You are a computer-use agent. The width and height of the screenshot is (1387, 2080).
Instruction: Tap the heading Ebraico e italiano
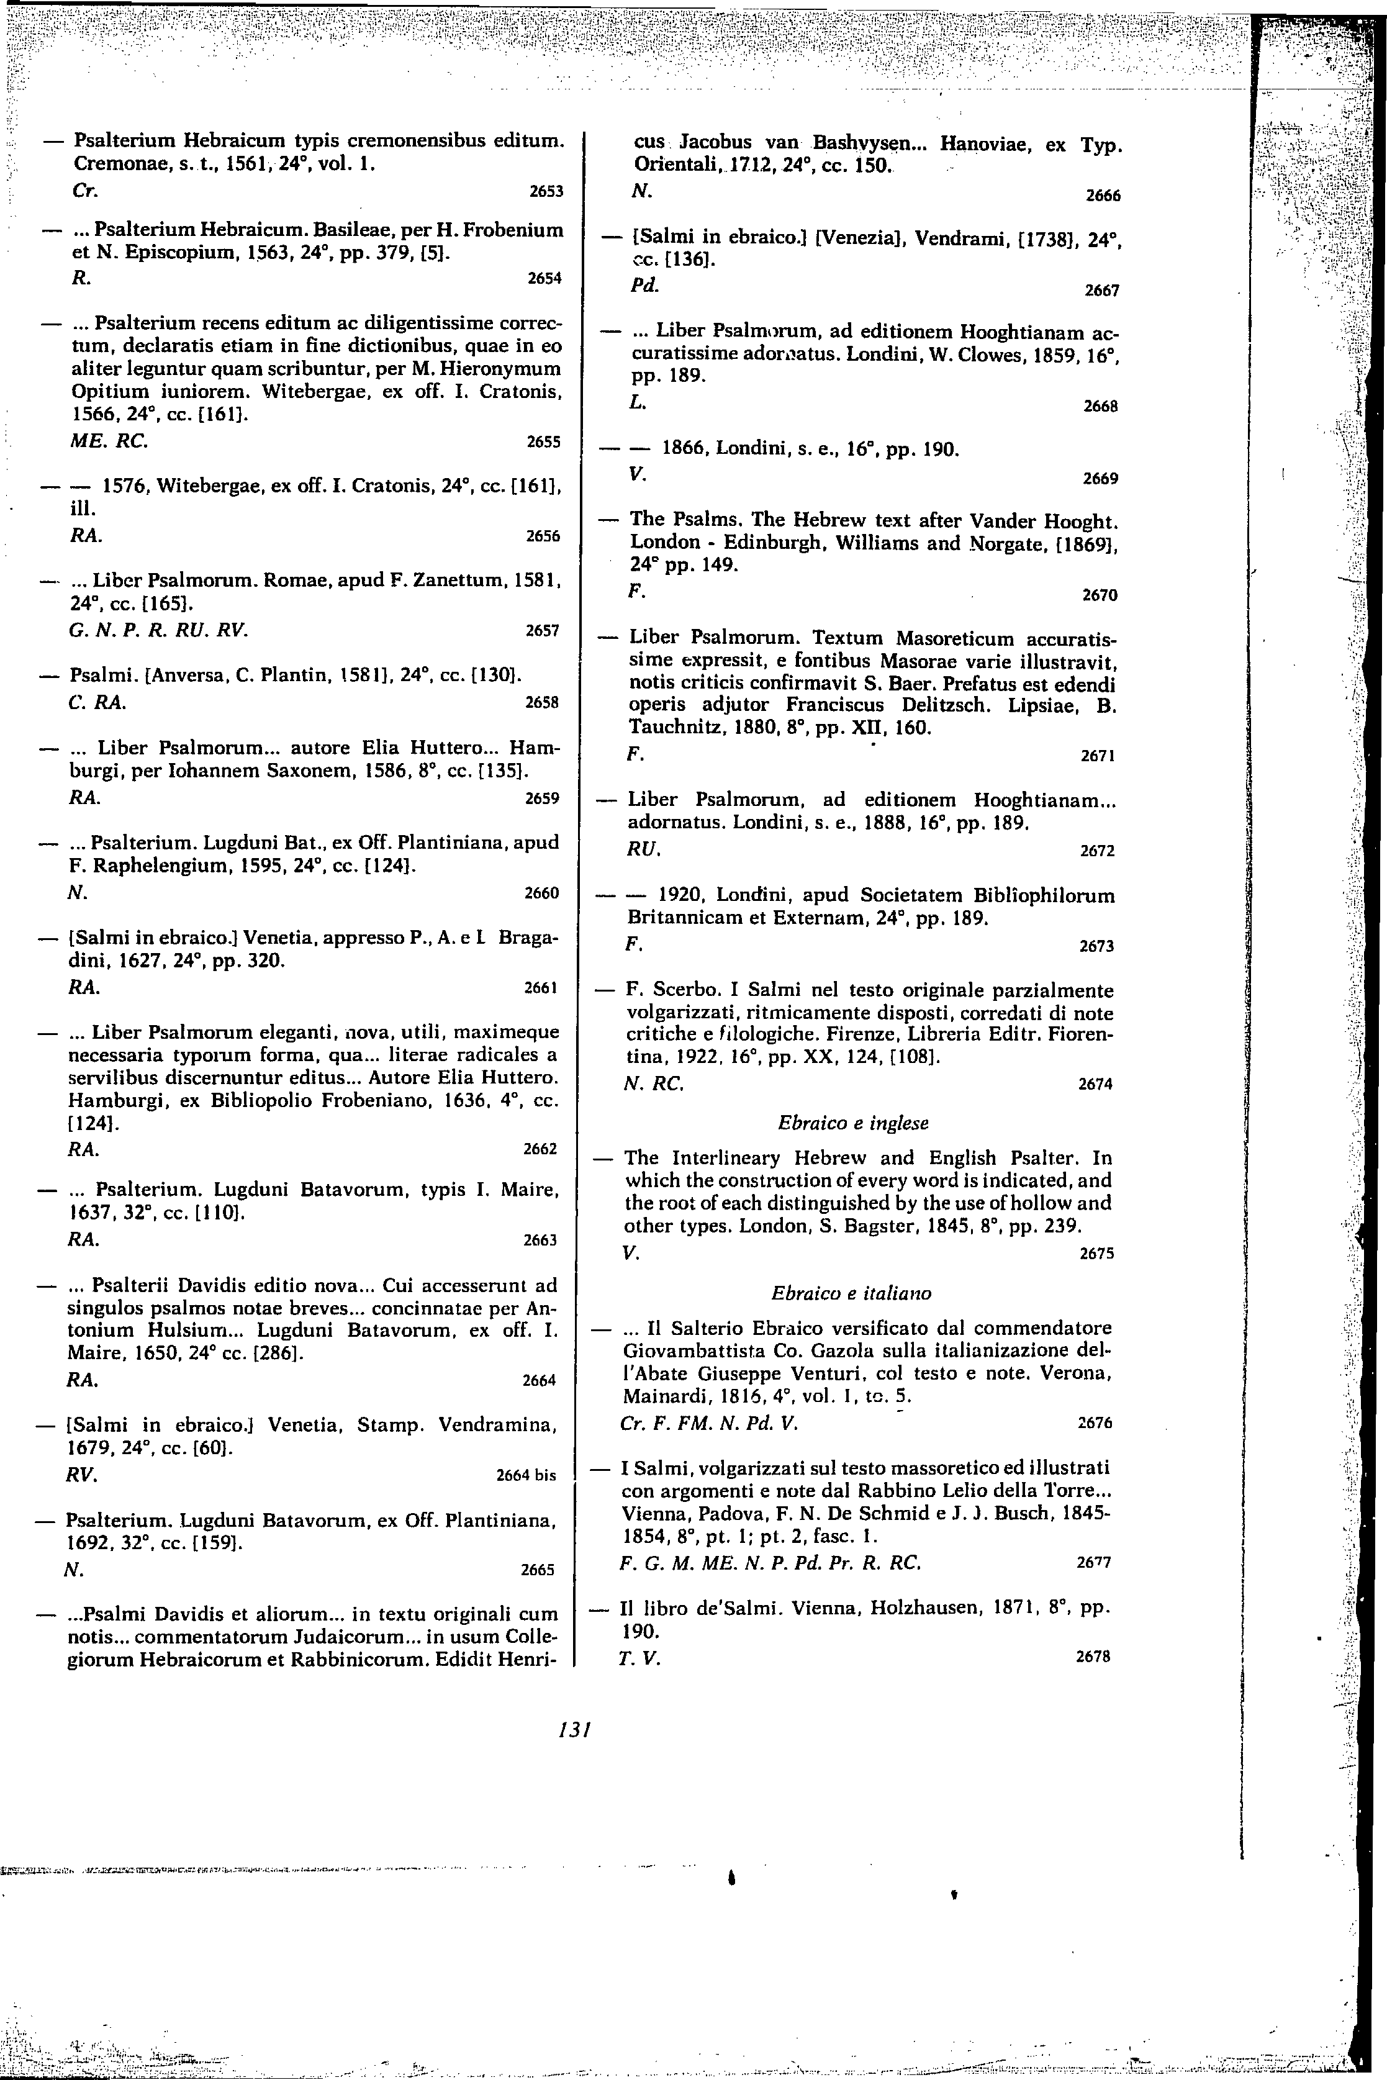pos(851,1293)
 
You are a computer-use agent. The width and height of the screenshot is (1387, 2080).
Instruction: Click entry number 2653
pos(546,191)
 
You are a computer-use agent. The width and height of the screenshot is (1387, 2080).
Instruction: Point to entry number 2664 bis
pos(526,1475)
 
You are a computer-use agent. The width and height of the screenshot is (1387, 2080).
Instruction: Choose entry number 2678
pos(1093,1657)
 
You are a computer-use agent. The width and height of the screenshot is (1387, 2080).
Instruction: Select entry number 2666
pos(1102,196)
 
